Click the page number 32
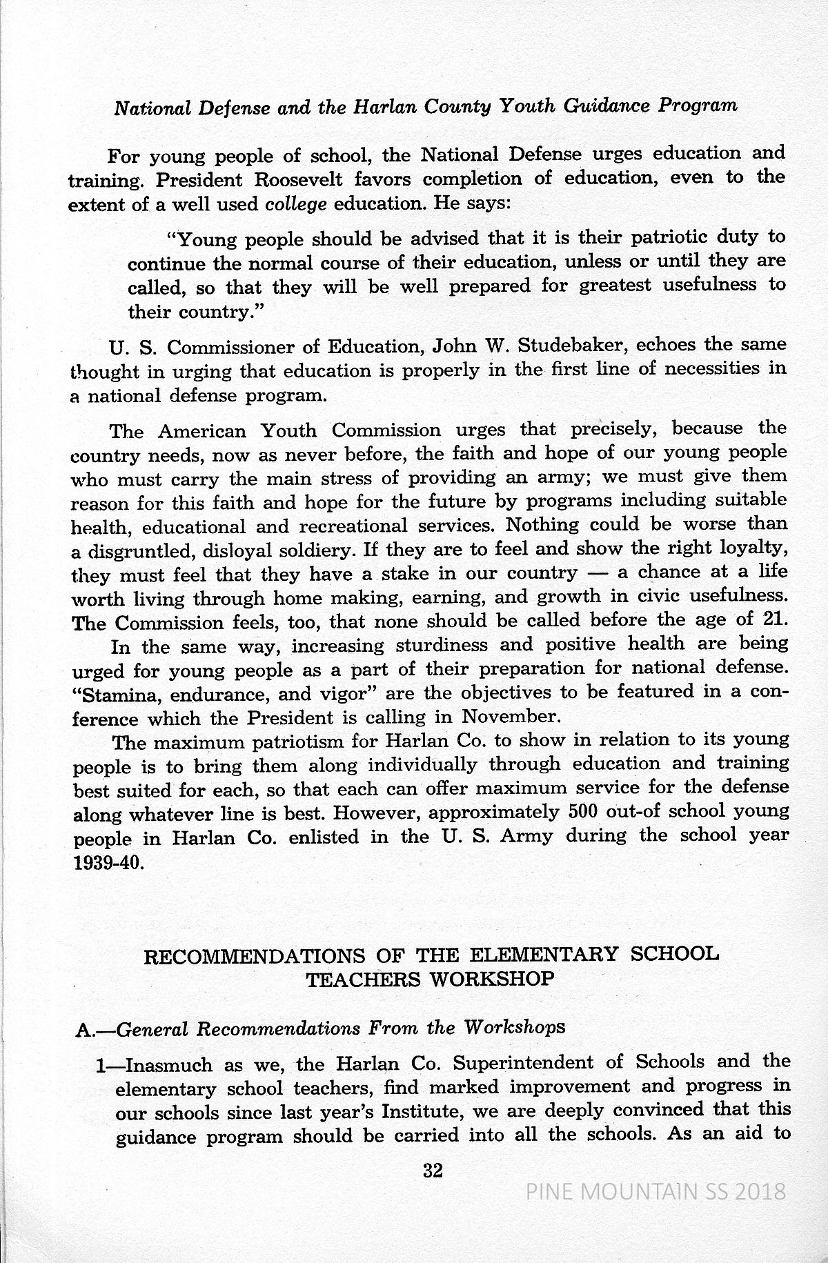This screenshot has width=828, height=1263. [x=433, y=1170]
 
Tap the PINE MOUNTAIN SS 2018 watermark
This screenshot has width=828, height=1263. [x=655, y=1191]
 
